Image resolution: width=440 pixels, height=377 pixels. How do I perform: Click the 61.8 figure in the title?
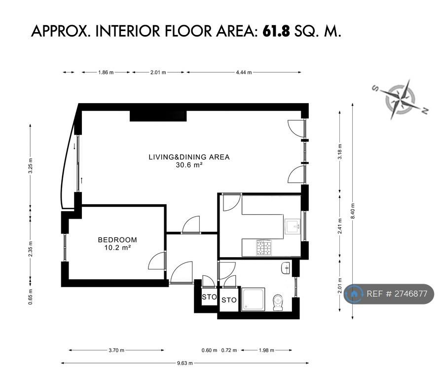tap(276, 31)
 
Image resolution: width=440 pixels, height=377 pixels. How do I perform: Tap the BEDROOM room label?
tap(117, 240)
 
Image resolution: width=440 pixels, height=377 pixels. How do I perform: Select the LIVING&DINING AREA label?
tap(189, 157)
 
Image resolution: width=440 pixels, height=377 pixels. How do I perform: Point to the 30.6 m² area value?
tap(189, 165)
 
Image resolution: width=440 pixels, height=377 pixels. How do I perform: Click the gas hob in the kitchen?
tap(264, 248)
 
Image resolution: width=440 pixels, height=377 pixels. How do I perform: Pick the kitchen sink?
tap(293, 226)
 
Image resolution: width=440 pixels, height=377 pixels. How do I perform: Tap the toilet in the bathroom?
tap(278, 302)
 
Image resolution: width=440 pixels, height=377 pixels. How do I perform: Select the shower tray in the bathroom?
tap(253, 299)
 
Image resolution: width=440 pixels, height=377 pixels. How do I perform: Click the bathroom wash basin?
tap(285, 268)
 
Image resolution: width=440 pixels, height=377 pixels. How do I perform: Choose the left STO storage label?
tap(209, 297)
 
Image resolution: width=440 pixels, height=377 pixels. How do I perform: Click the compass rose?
tap(400, 99)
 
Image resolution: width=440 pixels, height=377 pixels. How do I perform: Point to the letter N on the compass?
tap(425, 111)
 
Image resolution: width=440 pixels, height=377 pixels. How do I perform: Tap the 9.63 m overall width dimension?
tap(184, 363)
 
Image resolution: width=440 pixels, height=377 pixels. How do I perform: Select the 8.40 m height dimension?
tap(353, 211)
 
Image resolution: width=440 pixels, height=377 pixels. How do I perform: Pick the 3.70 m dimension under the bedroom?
tap(116, 350)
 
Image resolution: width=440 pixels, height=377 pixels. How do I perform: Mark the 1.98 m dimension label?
tap(266, 350)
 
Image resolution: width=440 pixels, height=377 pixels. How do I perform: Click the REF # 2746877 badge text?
tap(397, 294)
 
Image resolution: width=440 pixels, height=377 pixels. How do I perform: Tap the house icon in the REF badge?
tap(354, 294)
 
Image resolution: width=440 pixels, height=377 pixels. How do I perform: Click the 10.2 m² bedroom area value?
tap(117, 248)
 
